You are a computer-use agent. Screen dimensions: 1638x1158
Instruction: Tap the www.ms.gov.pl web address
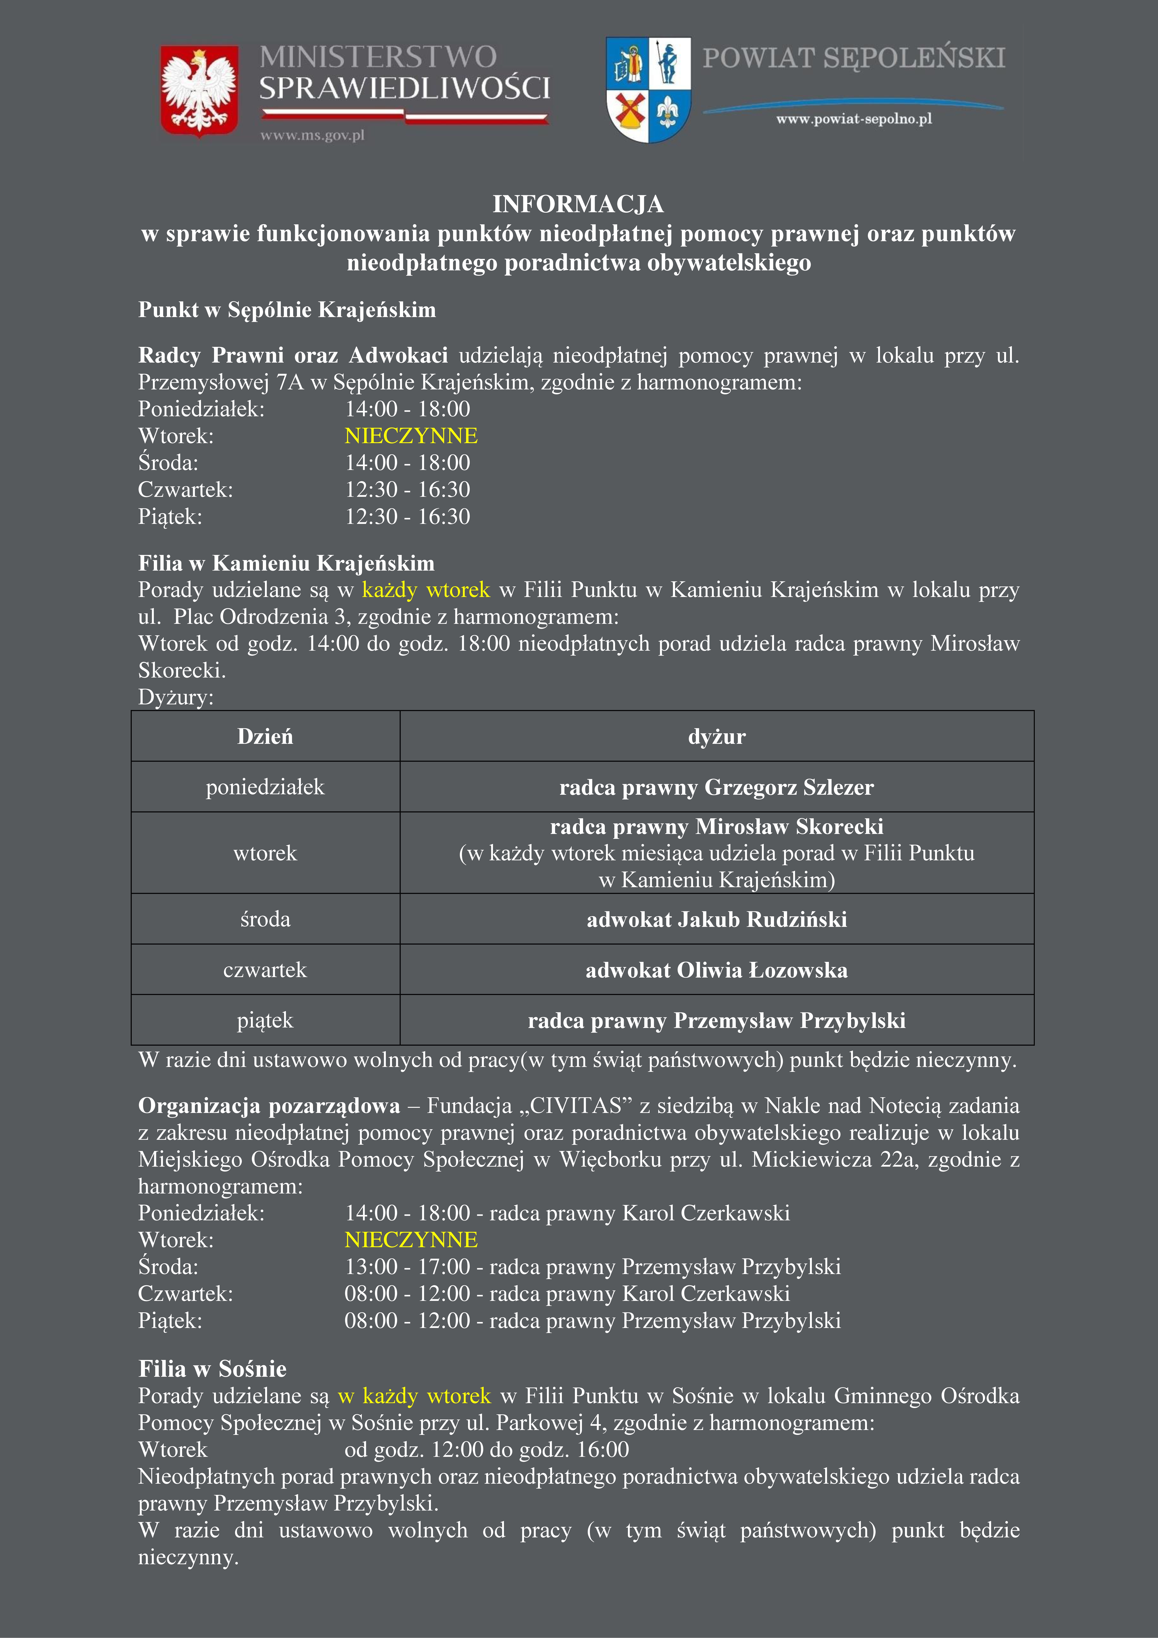[312, 135]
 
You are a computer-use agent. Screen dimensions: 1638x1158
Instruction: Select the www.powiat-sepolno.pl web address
[854, 119]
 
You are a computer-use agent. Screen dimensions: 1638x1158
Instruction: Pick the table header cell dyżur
[716, 736]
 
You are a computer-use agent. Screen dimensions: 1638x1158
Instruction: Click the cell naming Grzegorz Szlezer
[716, 787]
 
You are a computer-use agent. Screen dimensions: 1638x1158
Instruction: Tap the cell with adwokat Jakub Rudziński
[716, 919]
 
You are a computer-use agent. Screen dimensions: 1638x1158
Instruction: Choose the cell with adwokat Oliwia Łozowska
[716, 970]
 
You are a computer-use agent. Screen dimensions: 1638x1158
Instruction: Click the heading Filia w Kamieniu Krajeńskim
[286, 563]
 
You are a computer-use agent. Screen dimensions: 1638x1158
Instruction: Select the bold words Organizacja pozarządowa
[269, 1106]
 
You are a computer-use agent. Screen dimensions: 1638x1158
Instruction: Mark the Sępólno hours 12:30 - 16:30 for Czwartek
[407, 489]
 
